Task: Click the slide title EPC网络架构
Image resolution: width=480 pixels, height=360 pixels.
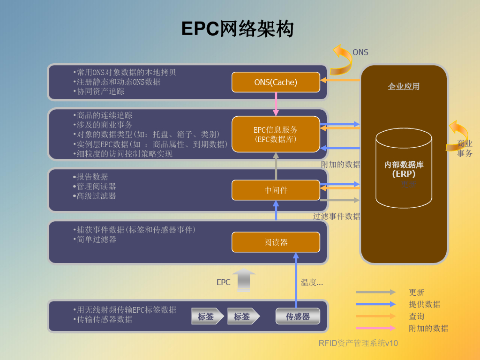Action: point(238,29)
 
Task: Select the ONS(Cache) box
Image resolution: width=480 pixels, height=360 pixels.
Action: point(276,82)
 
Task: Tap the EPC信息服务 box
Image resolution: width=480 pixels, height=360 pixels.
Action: point(276,134)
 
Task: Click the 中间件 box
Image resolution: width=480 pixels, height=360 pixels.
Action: point(276,190)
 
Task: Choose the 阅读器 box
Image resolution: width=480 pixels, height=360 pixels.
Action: point(276,242)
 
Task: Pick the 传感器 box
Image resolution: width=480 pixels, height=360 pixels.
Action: point(298,316)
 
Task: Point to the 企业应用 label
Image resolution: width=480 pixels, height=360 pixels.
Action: point(404,86)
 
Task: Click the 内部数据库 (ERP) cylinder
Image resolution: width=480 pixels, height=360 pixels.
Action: point(404,169)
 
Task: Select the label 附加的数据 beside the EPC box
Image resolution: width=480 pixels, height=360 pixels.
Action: point(341,164)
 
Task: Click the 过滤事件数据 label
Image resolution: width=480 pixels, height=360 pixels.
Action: point(337,216)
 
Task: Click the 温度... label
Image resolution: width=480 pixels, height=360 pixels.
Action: point(312,282)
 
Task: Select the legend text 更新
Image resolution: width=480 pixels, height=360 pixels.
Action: point(416,292)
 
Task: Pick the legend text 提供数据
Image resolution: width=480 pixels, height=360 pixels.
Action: point(424,304)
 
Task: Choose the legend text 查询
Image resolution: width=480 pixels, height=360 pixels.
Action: point(416,316)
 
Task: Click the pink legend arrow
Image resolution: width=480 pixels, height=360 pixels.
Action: point(375,328)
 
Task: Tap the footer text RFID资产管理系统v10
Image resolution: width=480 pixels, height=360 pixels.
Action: point(358,343)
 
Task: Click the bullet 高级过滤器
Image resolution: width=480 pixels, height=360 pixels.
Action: point(97,196)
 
